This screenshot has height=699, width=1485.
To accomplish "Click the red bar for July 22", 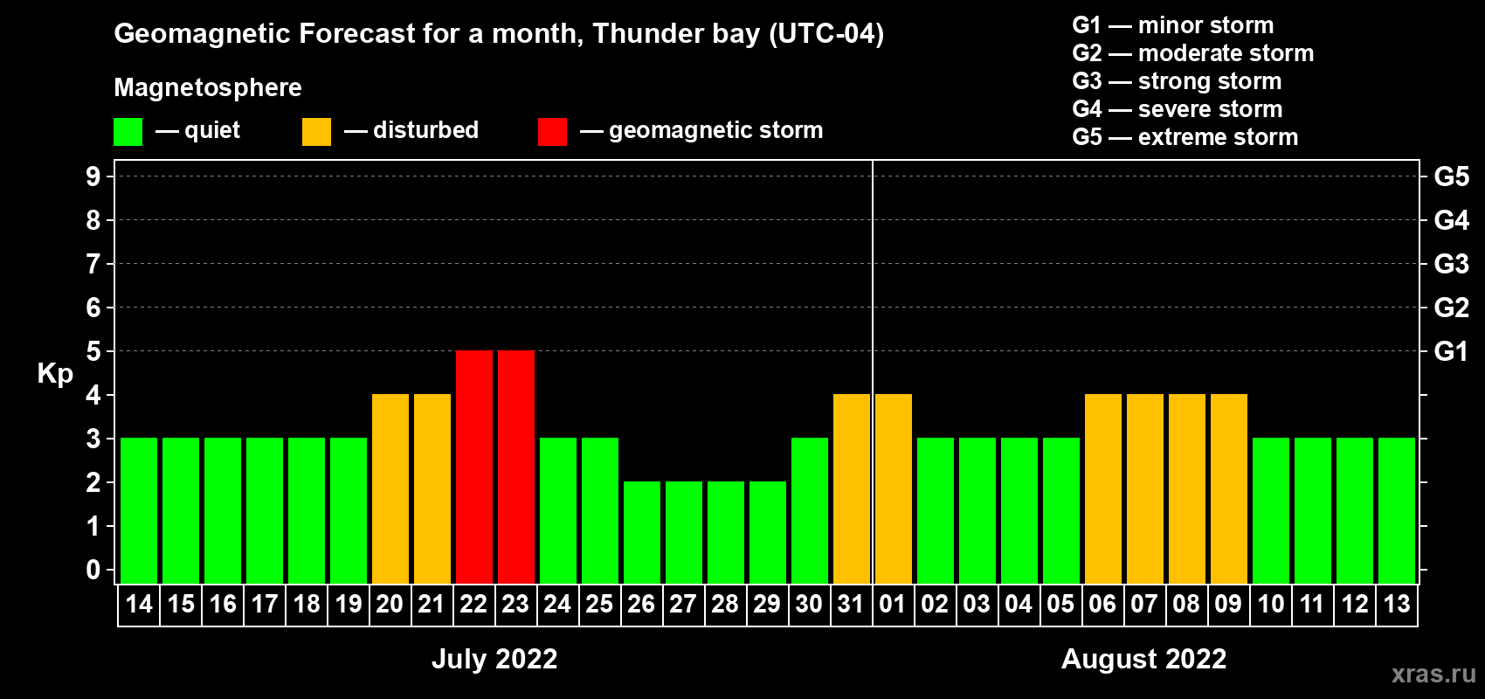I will coord(474,467).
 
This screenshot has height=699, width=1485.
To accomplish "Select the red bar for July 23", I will coord(516,467).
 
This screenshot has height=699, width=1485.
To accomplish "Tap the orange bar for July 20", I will coord(390,488).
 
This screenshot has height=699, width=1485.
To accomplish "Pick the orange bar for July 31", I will coord(852,488).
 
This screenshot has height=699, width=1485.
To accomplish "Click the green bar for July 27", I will coord(684,532).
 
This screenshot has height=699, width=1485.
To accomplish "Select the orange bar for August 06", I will coord(1103,488).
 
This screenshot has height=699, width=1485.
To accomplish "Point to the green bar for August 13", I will coord(1397,510).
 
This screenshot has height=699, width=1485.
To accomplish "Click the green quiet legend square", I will coord(128,132).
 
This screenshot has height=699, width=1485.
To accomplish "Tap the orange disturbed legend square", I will coord(316,132).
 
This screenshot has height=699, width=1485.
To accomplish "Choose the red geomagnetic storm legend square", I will coord(552,132).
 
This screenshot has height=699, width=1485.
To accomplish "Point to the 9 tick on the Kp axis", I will coord(93,176).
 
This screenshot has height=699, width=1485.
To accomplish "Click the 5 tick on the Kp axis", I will coord(93,351).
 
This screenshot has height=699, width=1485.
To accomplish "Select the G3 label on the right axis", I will coord(1451,264).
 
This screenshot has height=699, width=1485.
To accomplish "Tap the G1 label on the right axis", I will coord(1451,351).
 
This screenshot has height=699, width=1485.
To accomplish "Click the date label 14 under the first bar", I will coord(139,604).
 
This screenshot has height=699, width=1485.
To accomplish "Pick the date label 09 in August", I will coord(1228,604).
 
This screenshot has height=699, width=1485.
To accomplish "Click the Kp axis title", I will coord(55,374).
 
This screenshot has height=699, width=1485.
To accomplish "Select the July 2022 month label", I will coord(494,659).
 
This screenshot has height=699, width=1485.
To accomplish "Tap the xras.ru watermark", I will coord(1433,673).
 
